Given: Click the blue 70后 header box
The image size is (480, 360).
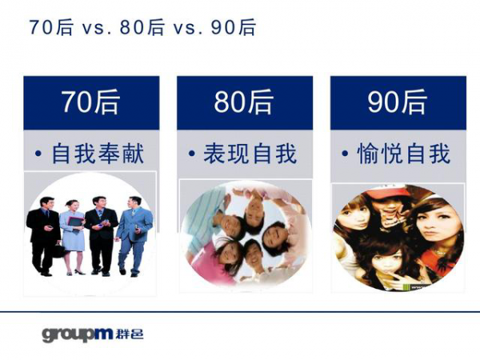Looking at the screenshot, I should (90, 102).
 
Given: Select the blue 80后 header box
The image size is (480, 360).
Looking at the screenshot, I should (244, 102).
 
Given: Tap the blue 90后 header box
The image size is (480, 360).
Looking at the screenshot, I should (398, 102).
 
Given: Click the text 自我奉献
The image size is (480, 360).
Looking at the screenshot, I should (98, 154).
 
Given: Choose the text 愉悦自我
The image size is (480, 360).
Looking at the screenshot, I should (404, 154).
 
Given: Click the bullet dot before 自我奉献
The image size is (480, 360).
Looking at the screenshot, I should (38, 154).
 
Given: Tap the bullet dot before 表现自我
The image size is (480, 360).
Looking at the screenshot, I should (192, 154).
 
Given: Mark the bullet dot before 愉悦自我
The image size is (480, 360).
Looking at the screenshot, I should (345, 154).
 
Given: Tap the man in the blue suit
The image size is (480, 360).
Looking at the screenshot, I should (133, 232).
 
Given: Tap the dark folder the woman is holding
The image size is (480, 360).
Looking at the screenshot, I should (74, 221).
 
